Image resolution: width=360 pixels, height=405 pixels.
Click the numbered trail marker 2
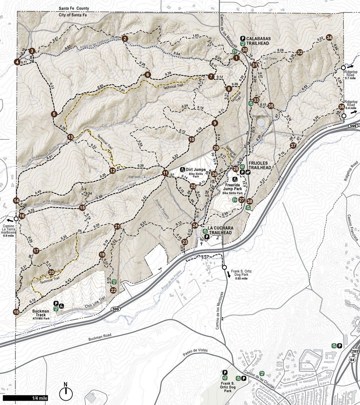(125, 39)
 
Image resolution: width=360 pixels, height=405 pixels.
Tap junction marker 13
(71, 137)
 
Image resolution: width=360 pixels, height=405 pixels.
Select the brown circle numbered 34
(329, 38)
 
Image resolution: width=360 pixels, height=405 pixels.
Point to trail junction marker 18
(16, 312)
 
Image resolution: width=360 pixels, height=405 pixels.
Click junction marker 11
(165, 173)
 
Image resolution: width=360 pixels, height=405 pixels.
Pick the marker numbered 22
(113, 290)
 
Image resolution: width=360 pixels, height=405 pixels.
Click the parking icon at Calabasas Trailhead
(243, 38)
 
